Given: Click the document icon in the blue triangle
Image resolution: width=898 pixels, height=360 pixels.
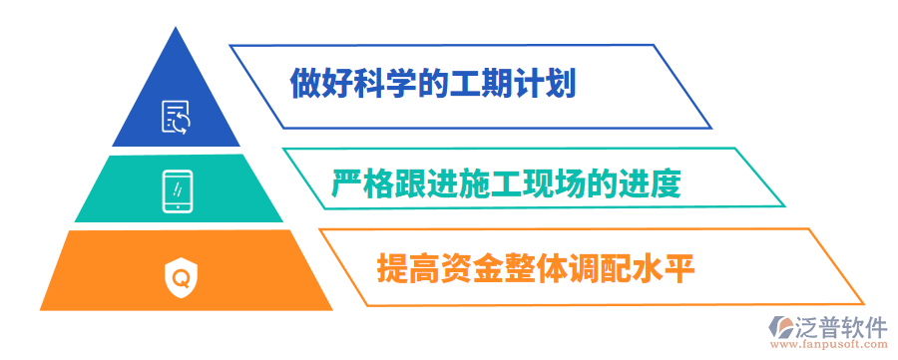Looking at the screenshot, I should point(177,117).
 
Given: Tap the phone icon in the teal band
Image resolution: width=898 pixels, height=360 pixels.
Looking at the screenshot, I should point(177,191).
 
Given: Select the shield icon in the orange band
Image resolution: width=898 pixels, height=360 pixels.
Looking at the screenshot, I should point(181,273).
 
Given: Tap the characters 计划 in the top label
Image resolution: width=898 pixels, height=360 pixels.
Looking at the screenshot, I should point(547,82).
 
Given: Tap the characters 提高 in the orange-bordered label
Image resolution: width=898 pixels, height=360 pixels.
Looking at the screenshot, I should point(405,268).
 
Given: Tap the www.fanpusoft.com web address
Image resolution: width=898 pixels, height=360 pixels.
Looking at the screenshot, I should point(836,347).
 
